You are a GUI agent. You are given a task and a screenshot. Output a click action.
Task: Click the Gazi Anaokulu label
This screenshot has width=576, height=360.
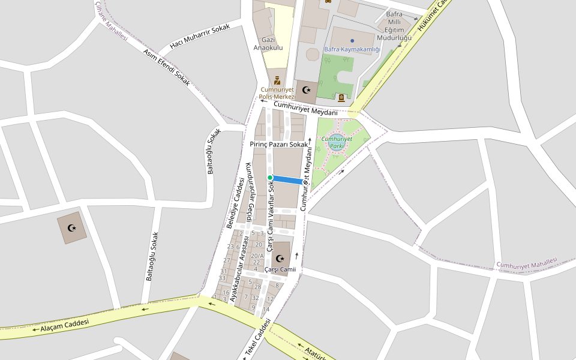coord(268,43)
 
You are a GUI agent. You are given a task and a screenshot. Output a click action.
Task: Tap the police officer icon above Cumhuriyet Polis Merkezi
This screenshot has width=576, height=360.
coord(277,80)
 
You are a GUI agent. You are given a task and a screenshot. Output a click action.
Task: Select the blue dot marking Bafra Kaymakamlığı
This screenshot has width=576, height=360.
coord(352,40)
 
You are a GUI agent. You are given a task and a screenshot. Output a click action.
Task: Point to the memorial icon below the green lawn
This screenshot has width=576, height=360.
coord(341,98)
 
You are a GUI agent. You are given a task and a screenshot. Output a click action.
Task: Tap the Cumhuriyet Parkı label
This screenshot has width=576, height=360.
coord(337,142)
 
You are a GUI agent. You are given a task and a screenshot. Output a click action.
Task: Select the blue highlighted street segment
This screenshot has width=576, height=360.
coord(287,179)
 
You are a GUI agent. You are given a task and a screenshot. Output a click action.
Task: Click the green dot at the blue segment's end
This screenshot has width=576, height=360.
coord(270,178)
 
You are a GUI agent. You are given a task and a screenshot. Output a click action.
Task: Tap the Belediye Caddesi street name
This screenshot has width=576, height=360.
coord(236,203)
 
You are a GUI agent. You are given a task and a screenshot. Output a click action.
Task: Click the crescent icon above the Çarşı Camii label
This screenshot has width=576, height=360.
coord(280,259)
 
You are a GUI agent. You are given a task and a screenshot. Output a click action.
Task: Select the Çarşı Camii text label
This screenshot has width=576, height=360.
coord(280,269)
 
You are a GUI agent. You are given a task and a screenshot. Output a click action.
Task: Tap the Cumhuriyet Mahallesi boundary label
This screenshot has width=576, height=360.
coord(527,263)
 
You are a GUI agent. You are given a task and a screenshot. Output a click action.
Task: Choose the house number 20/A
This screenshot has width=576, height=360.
coord(257,256)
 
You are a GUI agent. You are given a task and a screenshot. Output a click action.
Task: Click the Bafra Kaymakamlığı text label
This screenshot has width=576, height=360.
coord(352,49)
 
